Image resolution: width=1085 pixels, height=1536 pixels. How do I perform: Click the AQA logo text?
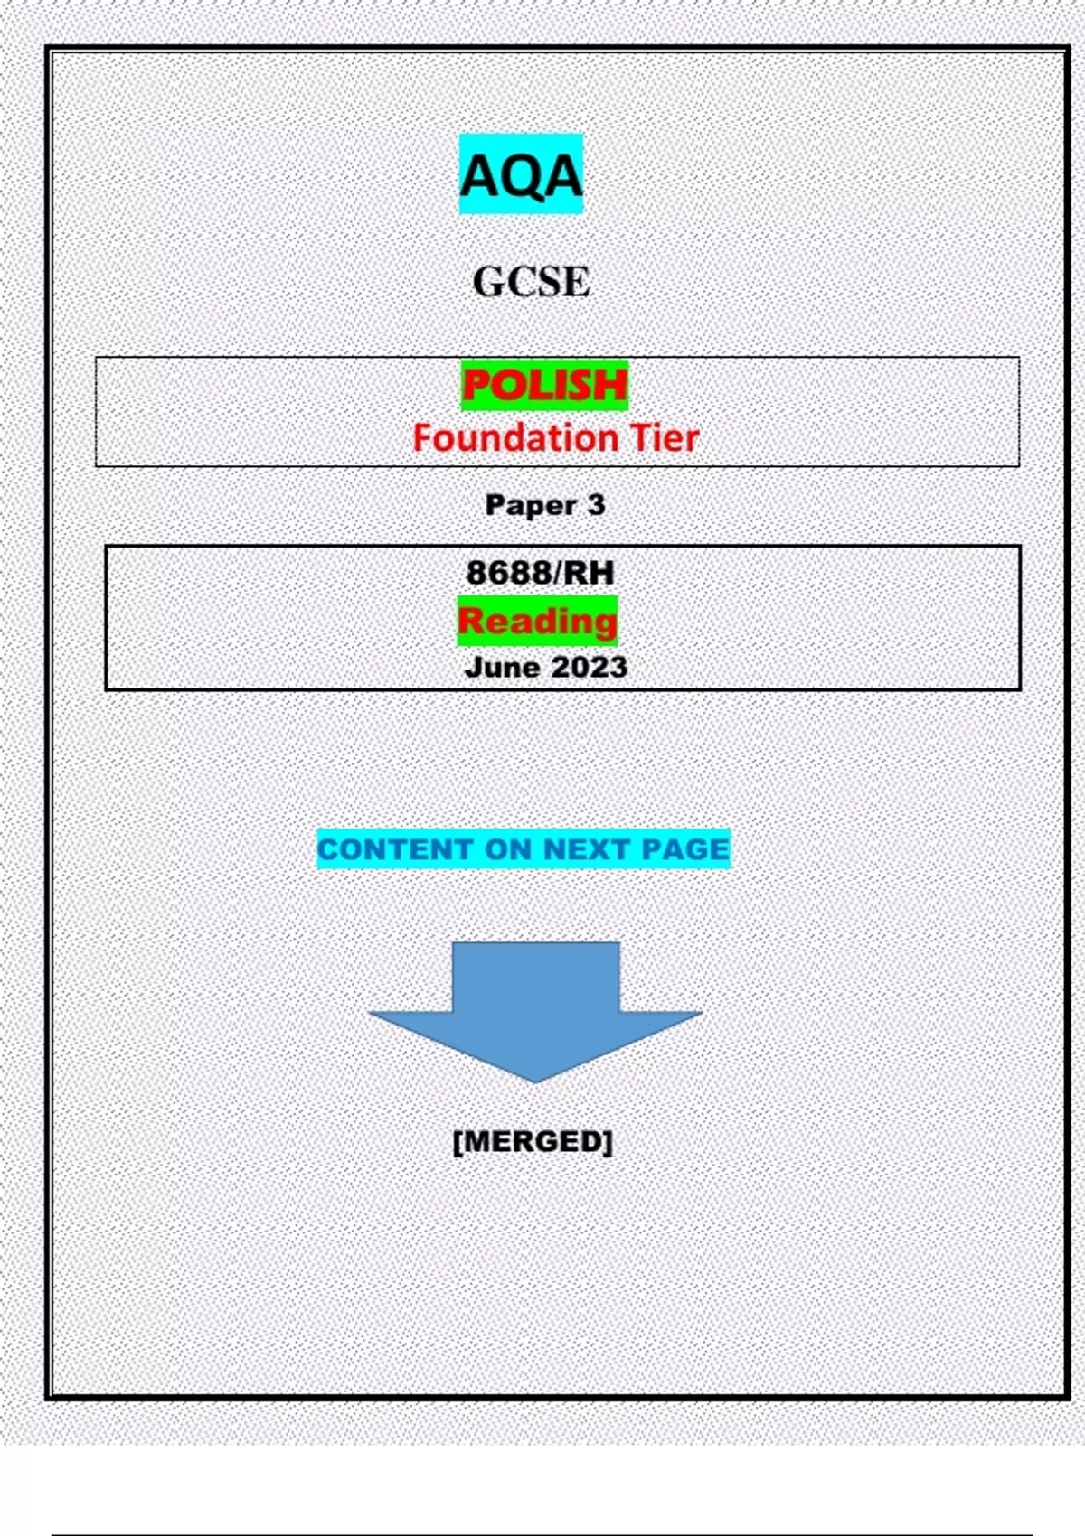[521, 175]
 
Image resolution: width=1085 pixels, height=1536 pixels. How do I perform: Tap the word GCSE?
[531, 282]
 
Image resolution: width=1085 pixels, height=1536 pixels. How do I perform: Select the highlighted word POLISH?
[544, 385]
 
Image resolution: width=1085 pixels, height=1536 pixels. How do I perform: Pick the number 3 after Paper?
[596, 505]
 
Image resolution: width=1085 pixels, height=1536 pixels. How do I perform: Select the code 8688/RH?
[540, 573]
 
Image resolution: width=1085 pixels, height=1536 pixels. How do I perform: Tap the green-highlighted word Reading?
[537, 622]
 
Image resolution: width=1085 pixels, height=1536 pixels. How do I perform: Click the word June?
[503, 667]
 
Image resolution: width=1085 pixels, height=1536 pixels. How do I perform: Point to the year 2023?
[590, 667]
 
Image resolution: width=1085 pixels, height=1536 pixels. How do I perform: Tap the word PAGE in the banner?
[685, 849]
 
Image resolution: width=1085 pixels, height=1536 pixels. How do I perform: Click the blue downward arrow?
[535, 1012]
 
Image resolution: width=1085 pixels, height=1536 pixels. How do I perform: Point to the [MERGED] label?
[533, 1142]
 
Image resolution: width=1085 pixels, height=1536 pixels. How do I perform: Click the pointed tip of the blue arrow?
[535, 1082]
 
